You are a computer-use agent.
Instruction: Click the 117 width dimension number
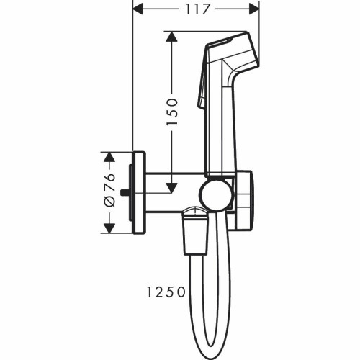pyautogui.click(x=195, y=9)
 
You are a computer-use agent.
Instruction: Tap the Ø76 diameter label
pyautogui.click(x=107, y=192)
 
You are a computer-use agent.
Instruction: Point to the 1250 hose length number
pyautogui.click(x=165, y=293)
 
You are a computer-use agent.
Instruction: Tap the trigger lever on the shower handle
pyautogui.click(x=202, y=94)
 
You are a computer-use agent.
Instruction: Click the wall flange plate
pyautogui.click(x=139, y=192)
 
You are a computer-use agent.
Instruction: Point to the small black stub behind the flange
pyautogui.click(x=127, y=192)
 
